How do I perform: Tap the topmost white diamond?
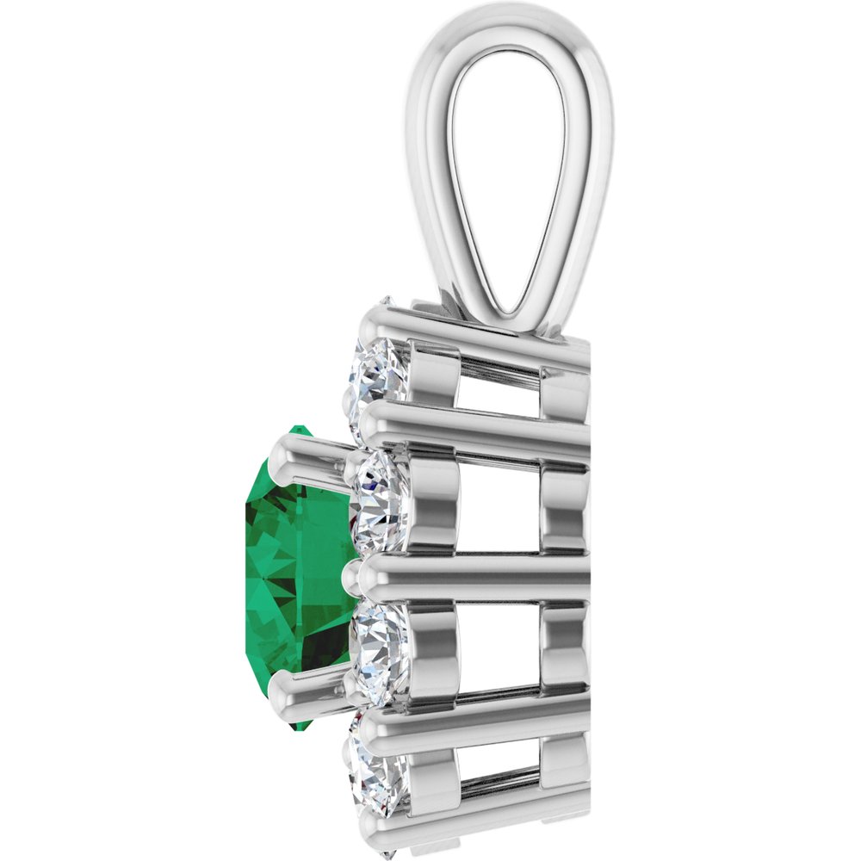coord(379,370)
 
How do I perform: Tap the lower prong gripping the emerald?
coord(306,689)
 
